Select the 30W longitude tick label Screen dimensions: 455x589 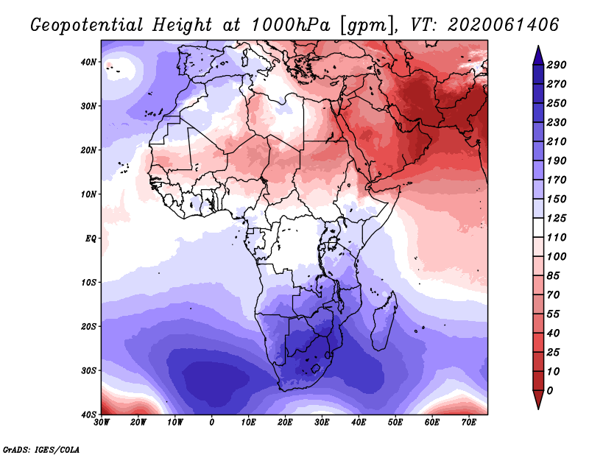102,422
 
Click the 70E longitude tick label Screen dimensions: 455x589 469,422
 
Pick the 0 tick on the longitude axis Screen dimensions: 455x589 212,422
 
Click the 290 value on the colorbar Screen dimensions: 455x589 557,66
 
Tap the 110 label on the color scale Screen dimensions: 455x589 557,239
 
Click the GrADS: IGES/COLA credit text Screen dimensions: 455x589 41,448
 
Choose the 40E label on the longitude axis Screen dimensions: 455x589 359,422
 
